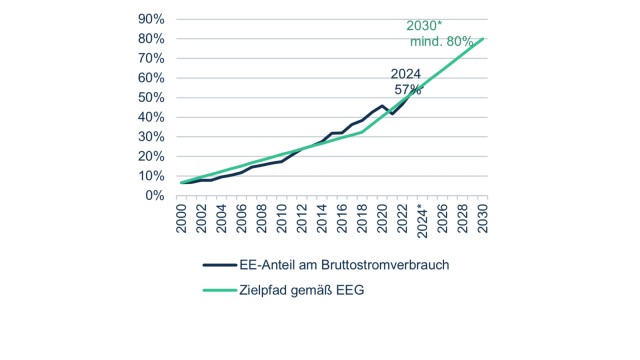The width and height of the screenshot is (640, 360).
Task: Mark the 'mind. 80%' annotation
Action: [x=442, y=41]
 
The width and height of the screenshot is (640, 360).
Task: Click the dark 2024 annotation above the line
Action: [x=406, y=73]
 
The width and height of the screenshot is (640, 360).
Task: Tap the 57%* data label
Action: [x=409, y=89]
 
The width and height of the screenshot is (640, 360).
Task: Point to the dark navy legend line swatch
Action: [x=217, y=265]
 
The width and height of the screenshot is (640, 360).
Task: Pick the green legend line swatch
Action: [x=217, y=291]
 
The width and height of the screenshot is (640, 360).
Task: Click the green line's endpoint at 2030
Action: [x=483, y=39]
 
